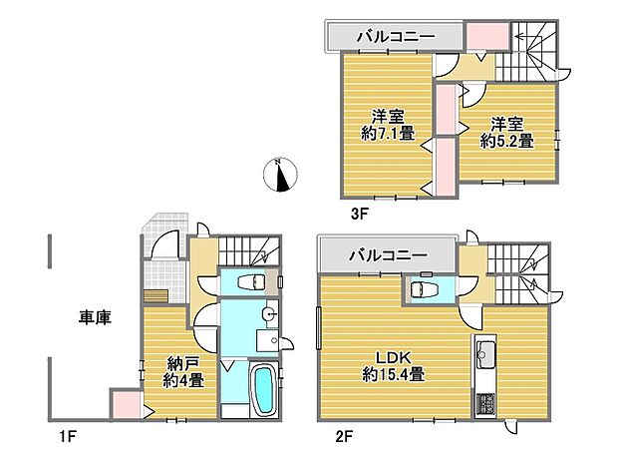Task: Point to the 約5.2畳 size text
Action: coord(506,141)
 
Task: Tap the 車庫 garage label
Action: coord(95,318)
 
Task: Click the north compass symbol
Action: coord(283,175)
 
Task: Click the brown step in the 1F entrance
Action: coord(156,294)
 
